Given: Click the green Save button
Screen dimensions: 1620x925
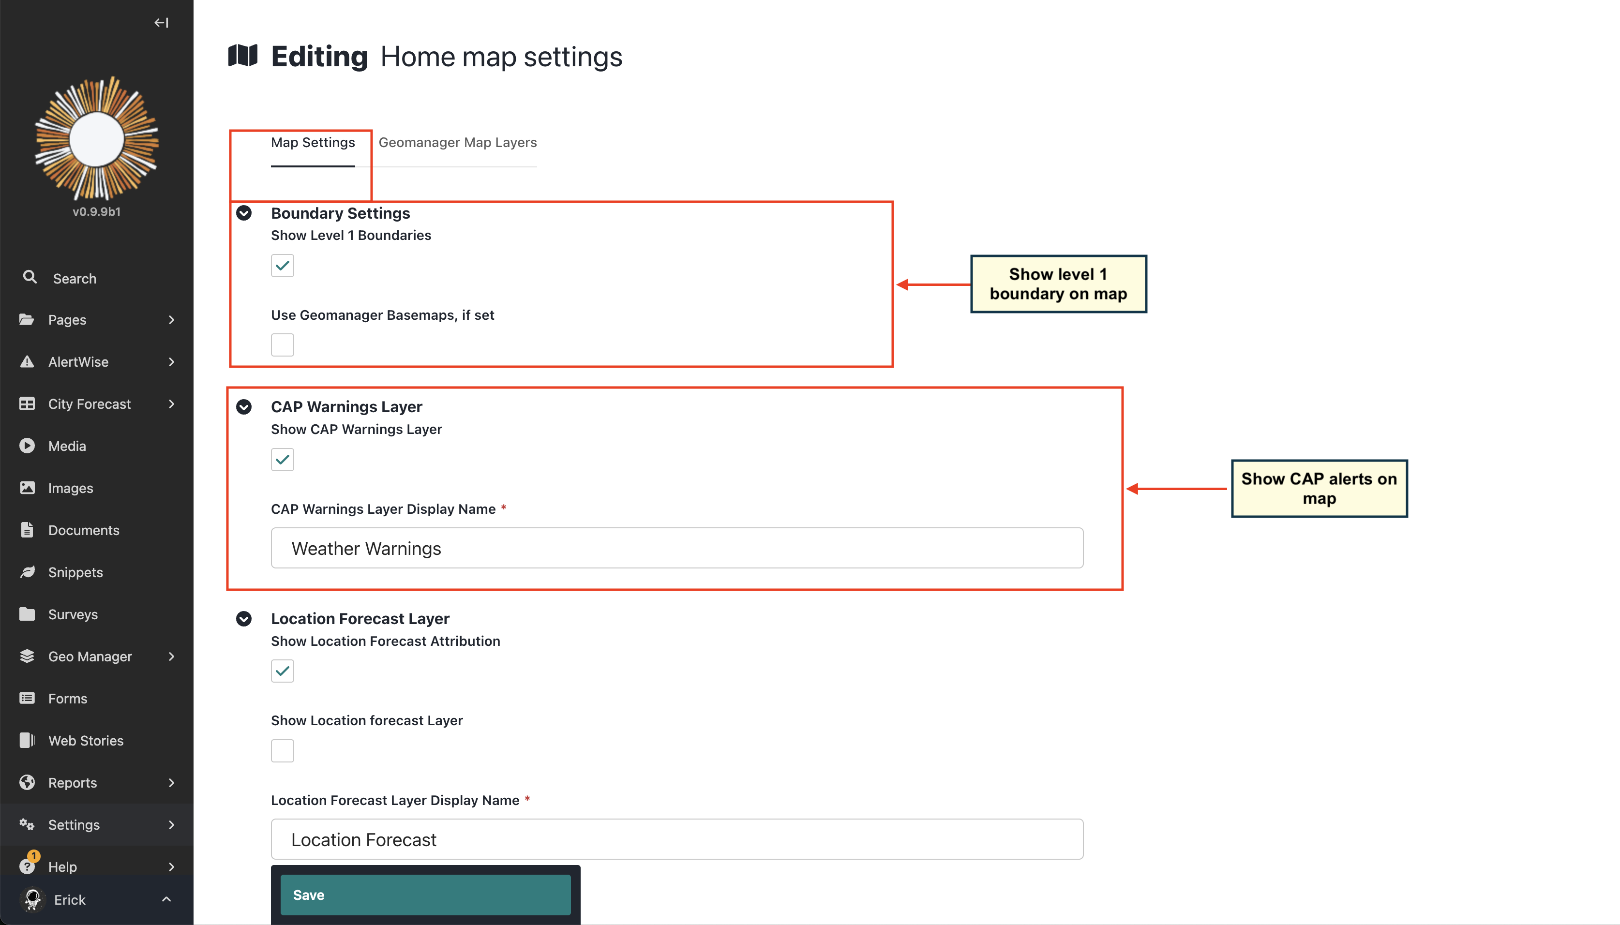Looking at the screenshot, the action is (x=425, y=895).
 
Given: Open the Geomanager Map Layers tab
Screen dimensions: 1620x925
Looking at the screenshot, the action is (x=457, y=142).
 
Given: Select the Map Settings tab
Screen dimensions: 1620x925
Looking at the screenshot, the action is (x=313, y=142).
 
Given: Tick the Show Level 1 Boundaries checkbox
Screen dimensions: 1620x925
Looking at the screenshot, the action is (x=282, y=266).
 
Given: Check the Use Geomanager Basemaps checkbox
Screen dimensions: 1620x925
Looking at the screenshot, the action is (x=282, y=345).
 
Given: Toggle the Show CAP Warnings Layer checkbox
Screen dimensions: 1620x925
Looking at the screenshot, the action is (x=282, y=459).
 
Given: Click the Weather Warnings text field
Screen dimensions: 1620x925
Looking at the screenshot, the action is (x=676, y=548).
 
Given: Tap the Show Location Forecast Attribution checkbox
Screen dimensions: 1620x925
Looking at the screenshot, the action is (x=282, y=671).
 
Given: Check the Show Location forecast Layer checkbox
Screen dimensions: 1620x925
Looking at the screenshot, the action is (x=282, y=750).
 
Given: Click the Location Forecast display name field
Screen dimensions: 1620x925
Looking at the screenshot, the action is (x=676, y=839).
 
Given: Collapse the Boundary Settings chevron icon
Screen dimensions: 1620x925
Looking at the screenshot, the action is (x=244, y=213).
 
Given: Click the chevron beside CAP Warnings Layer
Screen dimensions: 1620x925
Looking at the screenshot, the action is (x=244, y=406).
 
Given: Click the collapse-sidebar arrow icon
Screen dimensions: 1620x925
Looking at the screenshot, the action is (x=161, y=23).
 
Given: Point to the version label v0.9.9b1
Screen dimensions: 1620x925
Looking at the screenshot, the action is (x=97, y=211).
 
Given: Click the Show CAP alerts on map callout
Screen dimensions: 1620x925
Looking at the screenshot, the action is (x=1319, y=489).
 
